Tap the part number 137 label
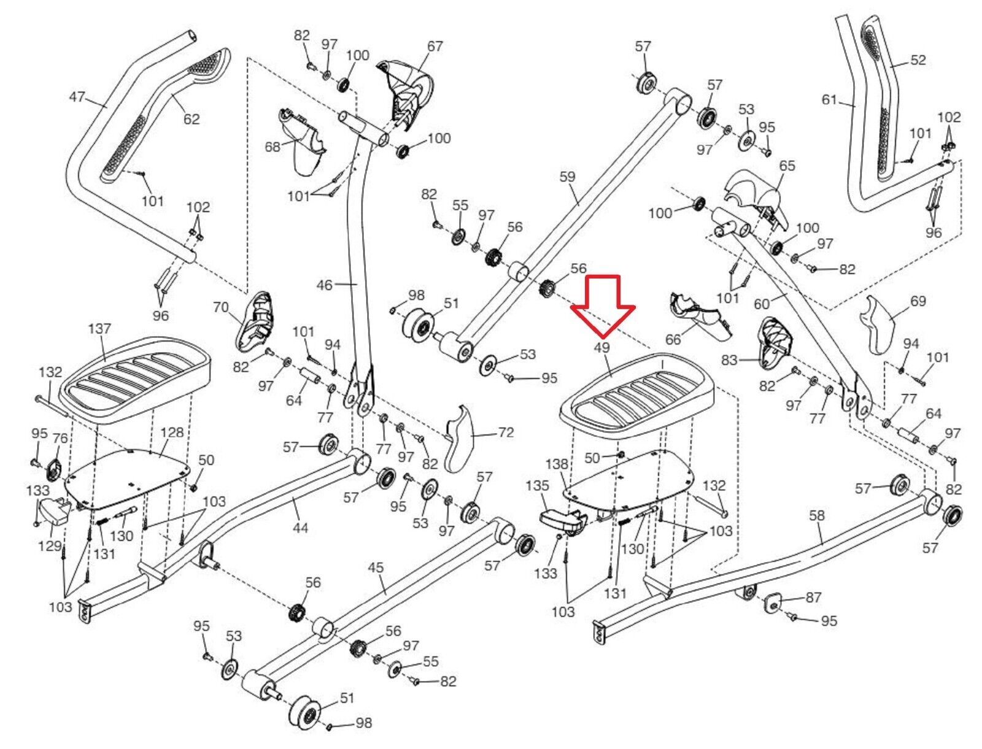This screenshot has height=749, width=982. pyautogui.click(x=99, y=329)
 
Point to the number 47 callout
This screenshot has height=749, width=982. pyautogui.click(x=77, y=98)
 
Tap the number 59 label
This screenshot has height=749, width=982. pyautogui.click(x=567, y=177)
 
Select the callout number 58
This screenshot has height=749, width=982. pyautogui.click(x=816, y=516)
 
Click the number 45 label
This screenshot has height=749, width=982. pyautogui.click(x=375, y=567)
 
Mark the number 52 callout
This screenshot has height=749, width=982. pyautogui.click(x=918, y=60)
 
